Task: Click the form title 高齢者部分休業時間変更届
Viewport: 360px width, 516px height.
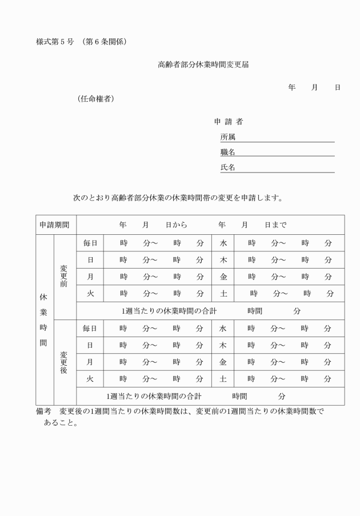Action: pyautogui.click(x=203, y=65)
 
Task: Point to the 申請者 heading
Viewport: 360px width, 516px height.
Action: pyautogui.click(x=228, y=122)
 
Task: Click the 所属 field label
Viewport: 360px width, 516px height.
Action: pyautogui.click(x=228, y=137)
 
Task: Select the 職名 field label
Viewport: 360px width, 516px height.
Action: pyautogui.click(x=228, y=152)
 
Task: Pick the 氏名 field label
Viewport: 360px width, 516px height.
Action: pyautogui.click(x=228, y=167)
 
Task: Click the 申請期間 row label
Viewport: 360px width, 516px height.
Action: pyautogui.click(x=54, y=225)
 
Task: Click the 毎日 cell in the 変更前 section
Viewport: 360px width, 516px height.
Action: pyautogui.click(x=90, y=243)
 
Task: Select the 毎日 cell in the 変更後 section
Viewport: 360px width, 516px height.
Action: pyautogui.click(x=90, y=329)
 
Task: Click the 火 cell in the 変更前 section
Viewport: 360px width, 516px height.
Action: pyautogui.click(x=90, y=294)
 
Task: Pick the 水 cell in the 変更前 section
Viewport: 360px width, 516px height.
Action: pyautogui.click(x=223, y=243)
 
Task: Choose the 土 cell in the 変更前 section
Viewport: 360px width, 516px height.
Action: pyautogui.click(x=223, y=294)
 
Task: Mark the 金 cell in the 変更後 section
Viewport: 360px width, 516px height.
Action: pyautogui.click(x=223, y=362)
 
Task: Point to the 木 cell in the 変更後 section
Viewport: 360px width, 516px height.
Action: pyautogui.click(x=223, y=345)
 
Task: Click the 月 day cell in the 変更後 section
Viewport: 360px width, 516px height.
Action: pyautogui.click(x=90, y=362)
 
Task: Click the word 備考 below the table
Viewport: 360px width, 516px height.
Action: pyautogui.click(x=43, y=412)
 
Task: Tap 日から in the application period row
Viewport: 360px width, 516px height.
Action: pyautogui.click(x=177, y=225)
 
